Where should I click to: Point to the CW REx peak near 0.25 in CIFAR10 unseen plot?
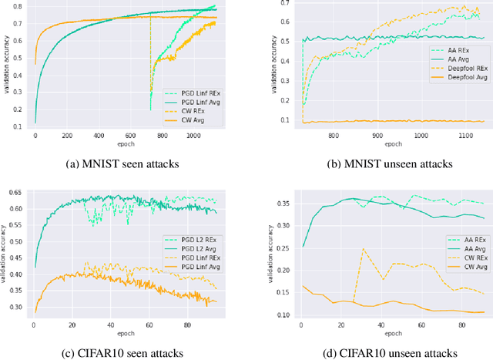(x=363, y=249)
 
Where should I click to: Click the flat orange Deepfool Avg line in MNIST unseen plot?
(x=385, y=121)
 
